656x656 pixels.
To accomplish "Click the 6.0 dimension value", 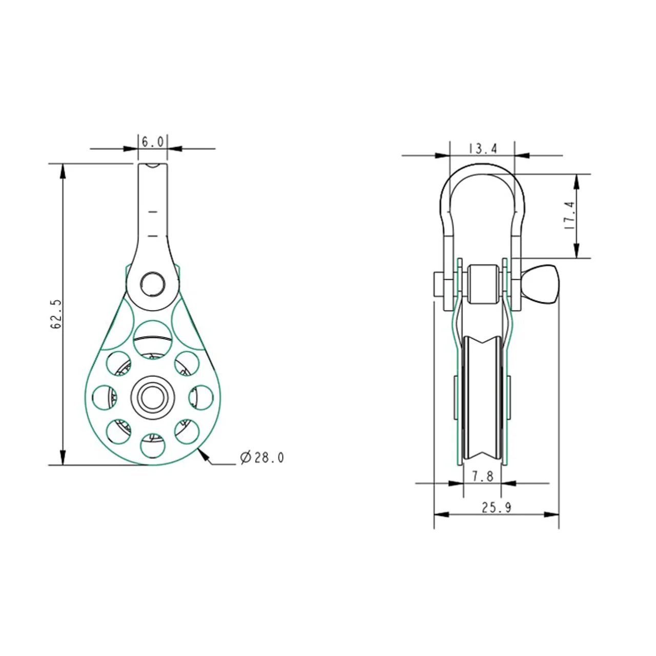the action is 153,141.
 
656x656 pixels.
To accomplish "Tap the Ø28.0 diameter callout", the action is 261,458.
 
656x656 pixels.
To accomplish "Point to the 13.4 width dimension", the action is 483,149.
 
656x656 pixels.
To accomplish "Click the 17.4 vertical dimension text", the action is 569,215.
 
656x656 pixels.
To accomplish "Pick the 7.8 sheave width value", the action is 483,476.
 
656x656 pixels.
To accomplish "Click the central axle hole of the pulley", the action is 153,397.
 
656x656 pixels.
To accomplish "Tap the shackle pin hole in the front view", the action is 153,284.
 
